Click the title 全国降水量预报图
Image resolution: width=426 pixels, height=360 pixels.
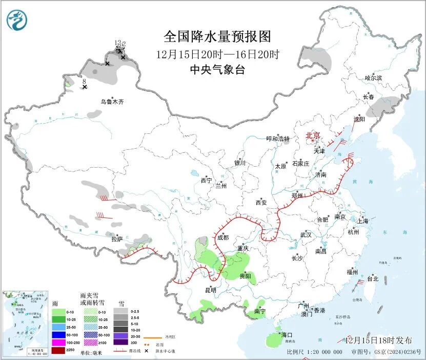(217, 37)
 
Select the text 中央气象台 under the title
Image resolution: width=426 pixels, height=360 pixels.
(217, 69)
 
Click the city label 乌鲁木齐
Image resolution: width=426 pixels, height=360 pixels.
(112, 102)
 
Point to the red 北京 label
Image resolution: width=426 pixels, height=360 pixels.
(313, 135)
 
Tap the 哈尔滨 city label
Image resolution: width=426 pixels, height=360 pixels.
(373, 78)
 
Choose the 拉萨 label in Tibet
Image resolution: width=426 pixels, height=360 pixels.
(117, 239)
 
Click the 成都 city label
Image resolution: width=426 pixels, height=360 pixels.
(223, 237)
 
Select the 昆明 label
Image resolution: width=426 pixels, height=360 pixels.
(211, 290)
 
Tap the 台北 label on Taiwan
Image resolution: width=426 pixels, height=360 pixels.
(372, 279)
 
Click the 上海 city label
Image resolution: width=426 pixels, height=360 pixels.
(363, 221)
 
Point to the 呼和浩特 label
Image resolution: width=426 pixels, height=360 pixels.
(278, 139)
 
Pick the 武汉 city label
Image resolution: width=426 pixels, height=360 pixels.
(306, 234)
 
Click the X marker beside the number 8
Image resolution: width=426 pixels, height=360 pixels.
(85, 87)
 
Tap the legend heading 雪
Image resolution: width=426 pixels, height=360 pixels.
(121, 303)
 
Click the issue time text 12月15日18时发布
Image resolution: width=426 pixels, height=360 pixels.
(378, 341)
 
